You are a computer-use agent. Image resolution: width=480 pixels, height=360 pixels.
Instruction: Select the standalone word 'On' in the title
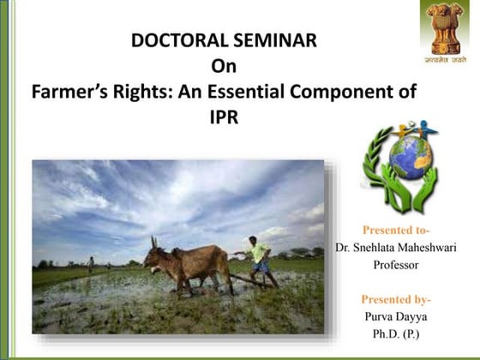tap(222, 65)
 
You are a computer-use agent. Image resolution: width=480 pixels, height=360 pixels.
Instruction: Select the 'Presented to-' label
tap(396, 231)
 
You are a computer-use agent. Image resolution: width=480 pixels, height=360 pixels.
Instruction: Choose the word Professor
tap(396, 265)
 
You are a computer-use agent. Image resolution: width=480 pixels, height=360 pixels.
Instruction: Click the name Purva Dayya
tap(396, 316)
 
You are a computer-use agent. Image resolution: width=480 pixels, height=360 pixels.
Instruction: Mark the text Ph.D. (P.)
tap(396, 333)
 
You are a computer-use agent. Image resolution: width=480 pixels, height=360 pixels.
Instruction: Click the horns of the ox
tap(154, 243)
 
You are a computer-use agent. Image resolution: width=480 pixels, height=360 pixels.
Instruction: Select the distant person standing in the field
tap(92, 264)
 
